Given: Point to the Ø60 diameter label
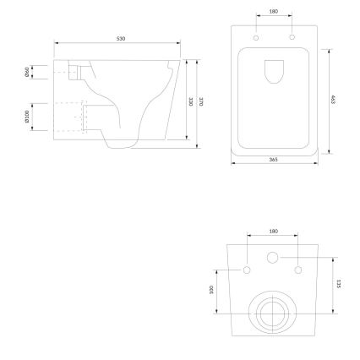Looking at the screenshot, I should click(x=29, y=70).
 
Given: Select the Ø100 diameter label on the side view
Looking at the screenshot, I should click(x=29, y=116).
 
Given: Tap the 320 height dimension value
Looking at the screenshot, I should click(x=191, y=101).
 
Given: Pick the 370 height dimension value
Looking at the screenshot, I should click(x=201, y=102).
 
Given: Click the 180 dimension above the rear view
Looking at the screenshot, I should click(x=272, y=230).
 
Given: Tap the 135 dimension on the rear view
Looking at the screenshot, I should click(x=337, y=285).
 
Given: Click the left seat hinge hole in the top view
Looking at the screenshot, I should click(x=254, y=39).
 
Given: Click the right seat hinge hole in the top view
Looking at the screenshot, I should click(x=292, y=39).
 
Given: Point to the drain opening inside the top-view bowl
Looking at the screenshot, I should click(x=273, y=73).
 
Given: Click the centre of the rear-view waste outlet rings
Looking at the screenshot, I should click(x=272, y=314).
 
